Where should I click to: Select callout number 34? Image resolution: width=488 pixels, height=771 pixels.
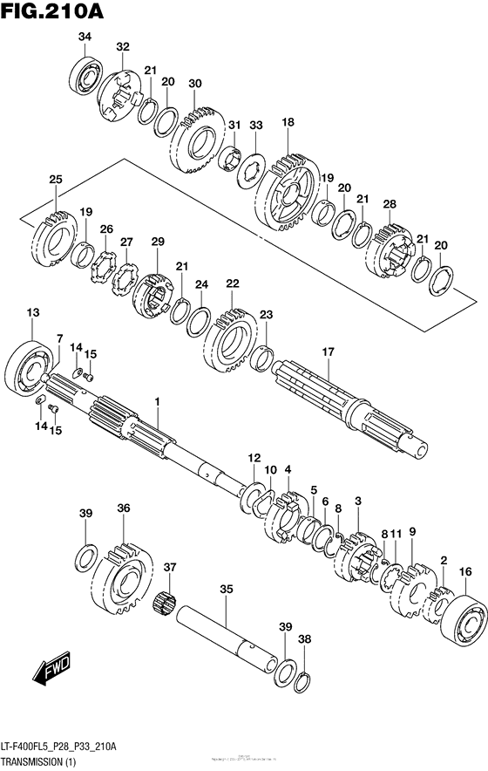click(x=85, y=36)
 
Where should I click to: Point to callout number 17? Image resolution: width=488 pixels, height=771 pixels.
click(x=328, y=352)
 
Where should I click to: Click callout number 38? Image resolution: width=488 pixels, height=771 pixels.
click(x=303, y=638)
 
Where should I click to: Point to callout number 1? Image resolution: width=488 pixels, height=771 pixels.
click(x=158, y=401)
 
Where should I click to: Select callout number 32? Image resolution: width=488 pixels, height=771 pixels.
click(x=122, y=46)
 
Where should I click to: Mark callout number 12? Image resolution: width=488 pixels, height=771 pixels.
click(x=254, y=457)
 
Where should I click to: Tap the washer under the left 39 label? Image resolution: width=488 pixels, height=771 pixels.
click(x=87, y=555)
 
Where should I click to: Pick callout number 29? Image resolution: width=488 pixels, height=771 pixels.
click(x=158, y=241)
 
